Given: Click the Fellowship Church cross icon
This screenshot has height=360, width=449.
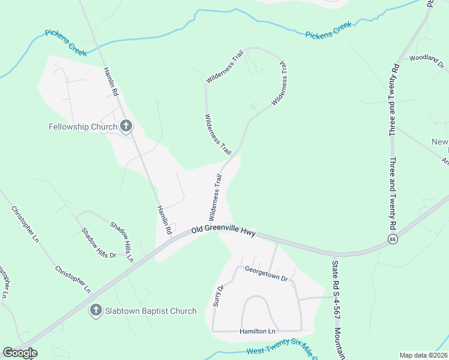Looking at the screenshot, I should (126, 126).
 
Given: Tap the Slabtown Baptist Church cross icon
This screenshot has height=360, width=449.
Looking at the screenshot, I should (95, 310).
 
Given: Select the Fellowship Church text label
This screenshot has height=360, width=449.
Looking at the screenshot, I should (83, 127).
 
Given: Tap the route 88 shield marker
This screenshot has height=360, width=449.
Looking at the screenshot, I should (393, 239).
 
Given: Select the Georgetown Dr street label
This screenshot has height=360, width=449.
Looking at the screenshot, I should (267, 274).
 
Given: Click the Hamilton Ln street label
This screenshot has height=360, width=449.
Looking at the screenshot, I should (257, 331).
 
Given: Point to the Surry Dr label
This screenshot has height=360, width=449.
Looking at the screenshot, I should (219, 295).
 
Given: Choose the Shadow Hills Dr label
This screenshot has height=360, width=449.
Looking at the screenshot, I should (98, 244).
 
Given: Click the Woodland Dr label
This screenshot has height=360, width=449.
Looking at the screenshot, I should (426, 58).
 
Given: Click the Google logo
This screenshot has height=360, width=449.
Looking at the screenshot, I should (20, 353).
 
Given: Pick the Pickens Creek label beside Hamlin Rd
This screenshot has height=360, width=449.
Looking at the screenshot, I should (65, 40).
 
